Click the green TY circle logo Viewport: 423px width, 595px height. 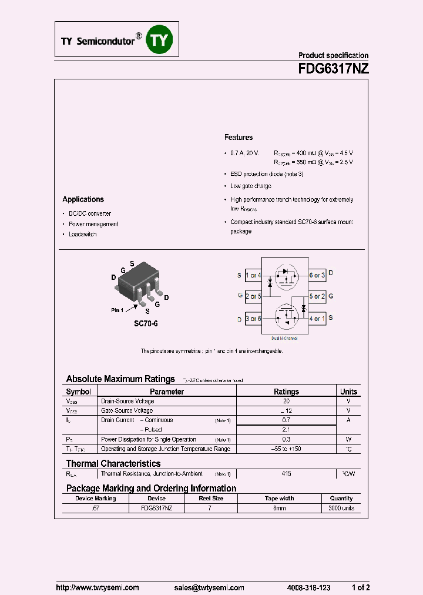pyautogui.click(x=160, y=40)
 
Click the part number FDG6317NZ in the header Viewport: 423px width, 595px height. pyautogui.click(x=333, y=68)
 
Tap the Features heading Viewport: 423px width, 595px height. pyautogui.click(x=239, y=137)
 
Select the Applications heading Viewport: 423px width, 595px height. pyautogui.click(x=83, y=199)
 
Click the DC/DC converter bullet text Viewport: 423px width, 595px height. pyautogui.click(x=90, y=213)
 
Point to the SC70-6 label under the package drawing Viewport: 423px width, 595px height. pyautogui.click(x=146, y=324)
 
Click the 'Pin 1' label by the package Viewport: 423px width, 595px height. pyautogui.click(x=117, y=310)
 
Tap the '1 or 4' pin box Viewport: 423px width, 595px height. pyautogui.click(x=253, y=275)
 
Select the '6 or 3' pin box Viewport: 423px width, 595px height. pyautogui.click(x=317, y=275)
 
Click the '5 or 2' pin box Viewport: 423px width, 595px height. pyautogui.click(x=317, y=296)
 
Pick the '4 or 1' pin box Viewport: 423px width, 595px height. pyautogui.click(x=317, y=319)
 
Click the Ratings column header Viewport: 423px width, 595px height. pyautogui.click(x=286, y=392)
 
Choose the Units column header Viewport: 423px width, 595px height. pyautogui.click(x=348, y=392)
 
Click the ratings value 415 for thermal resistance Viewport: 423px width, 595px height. pyautogui.click(x=286, y=473)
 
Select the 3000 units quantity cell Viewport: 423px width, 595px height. pyautogui.click(x=341, y=507)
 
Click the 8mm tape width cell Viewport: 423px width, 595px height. pyautogui.click(x=280, y=507)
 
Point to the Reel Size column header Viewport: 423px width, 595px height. pyautogui.click(x=211, y=498)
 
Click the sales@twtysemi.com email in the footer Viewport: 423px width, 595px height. pyautogui.click(x=209, y=588)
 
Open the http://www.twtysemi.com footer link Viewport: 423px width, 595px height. pyautogui.click(x=98, y=588)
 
